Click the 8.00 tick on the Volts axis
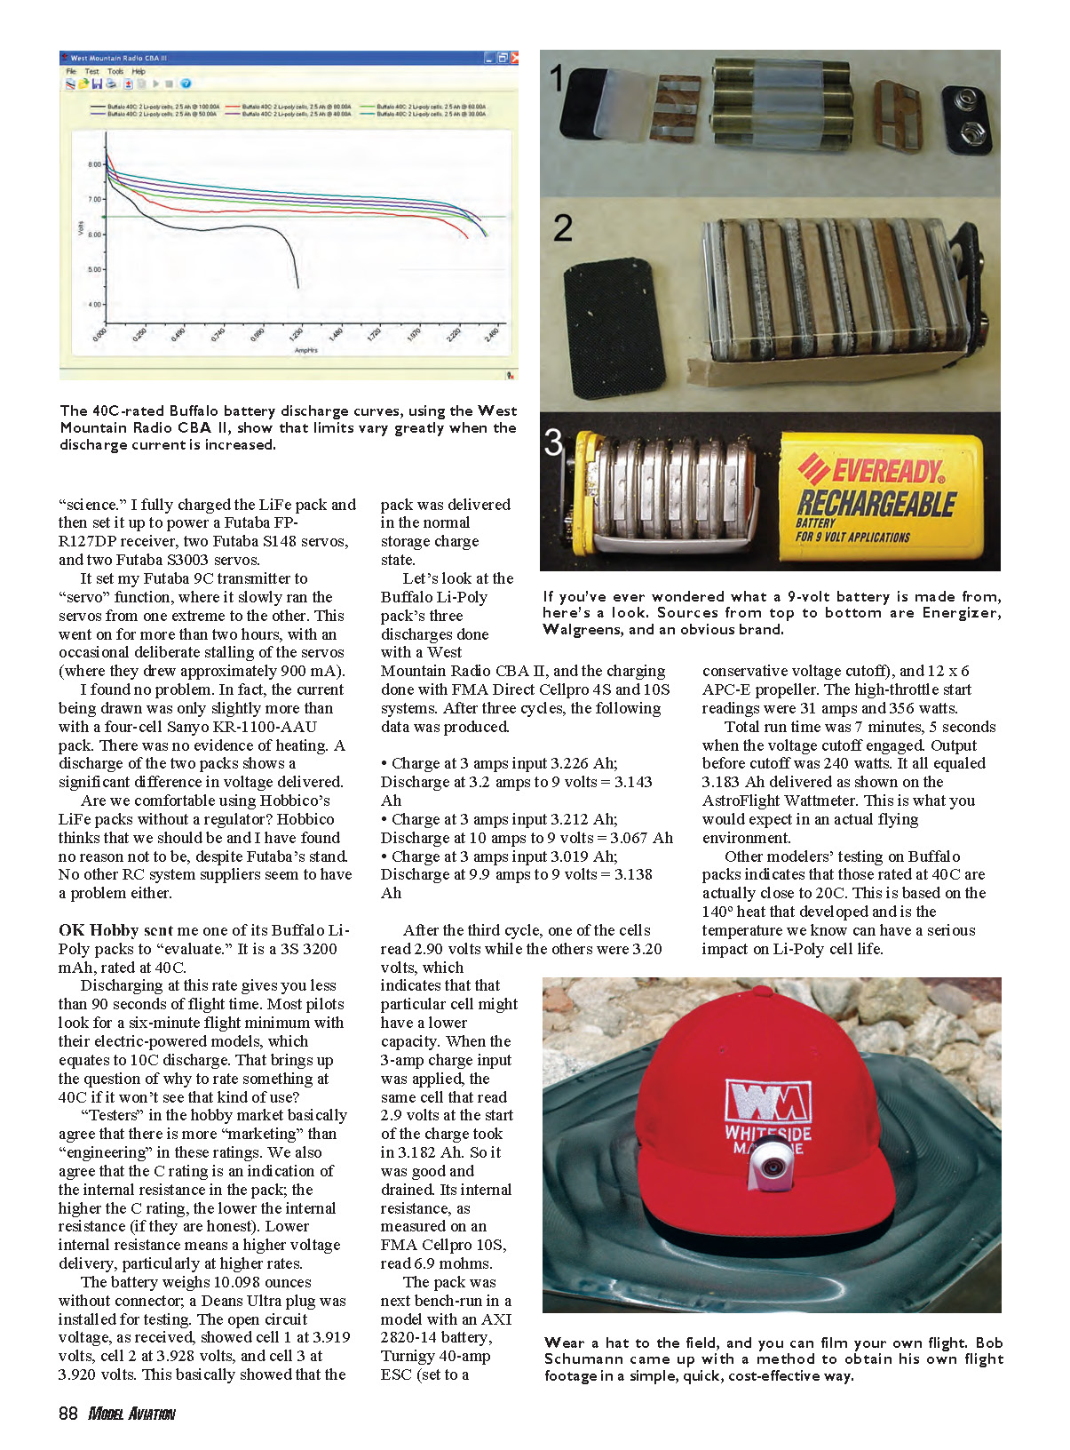click(94, 164)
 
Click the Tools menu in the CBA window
click(115, 71)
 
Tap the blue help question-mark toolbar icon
click(186, 84)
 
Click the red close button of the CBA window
click(514, 58)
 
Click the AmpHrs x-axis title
click(306, 350)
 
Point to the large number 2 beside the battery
click(562, 229)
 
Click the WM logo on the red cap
click(768, 1101)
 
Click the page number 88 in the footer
click(68, 1414)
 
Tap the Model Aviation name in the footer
click(132, 1414)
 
